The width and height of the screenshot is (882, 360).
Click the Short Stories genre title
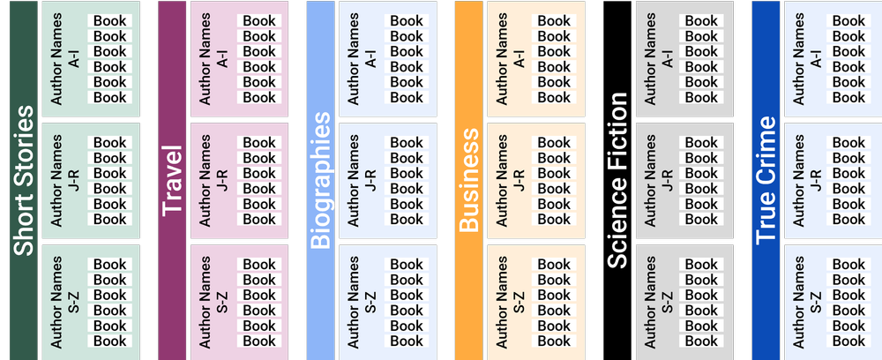(23, 181)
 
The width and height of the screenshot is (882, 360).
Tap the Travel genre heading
(172, 181)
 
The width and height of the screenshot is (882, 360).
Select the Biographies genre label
(320, 181)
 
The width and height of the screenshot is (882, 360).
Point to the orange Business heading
(469, 181)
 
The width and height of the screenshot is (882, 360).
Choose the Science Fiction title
(617, 181)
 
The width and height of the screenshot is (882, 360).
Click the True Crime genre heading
(766, 181)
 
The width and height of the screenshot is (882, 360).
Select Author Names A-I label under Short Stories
(65, 59)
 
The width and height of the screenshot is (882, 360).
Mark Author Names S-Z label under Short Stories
(65, 303)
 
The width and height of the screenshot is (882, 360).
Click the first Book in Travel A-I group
(259, 21)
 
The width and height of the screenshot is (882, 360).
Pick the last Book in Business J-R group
(554, 219)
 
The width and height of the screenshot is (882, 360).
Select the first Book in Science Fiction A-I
(701, 21)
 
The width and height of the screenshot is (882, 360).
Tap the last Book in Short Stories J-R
(110, 219)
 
